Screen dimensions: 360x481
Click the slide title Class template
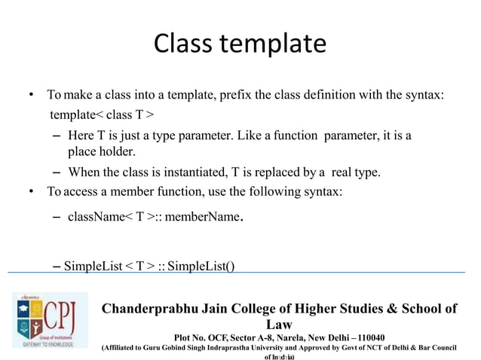[240, 43]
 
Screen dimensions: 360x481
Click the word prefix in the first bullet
[251, 96]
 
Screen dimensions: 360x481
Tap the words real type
[355, 172]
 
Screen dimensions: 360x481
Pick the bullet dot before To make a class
[31, 96]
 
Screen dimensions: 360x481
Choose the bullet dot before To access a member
[31, 191]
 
